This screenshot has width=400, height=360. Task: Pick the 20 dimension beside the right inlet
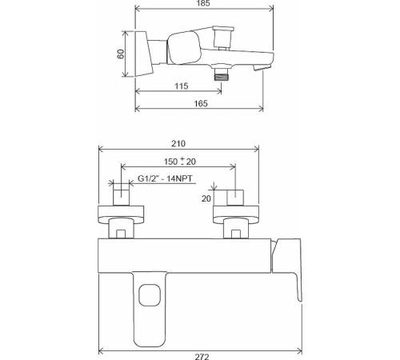click(x=206, y=198)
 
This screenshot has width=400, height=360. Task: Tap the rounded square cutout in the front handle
click(x=146, y=298)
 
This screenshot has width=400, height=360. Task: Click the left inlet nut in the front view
click(x=121, y=197)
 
